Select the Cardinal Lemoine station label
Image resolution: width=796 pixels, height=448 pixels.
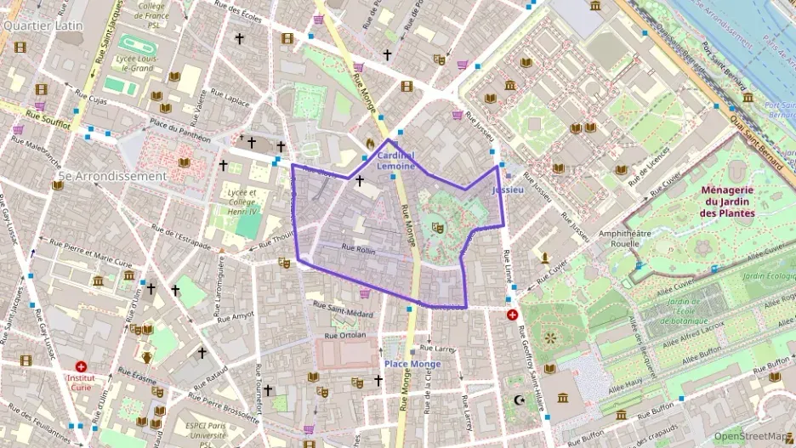coord(395,161)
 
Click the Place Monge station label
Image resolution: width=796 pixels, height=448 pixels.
coord(412,364)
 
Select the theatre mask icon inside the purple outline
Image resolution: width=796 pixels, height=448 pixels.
coord(437,227)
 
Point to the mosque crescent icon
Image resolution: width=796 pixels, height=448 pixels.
coord(521,400)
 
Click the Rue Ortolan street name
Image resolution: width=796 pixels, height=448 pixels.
coord(346,334)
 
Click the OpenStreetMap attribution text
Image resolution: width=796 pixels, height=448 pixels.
coord(749,435)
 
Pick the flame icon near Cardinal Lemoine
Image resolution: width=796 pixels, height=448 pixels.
coord(370,142)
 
